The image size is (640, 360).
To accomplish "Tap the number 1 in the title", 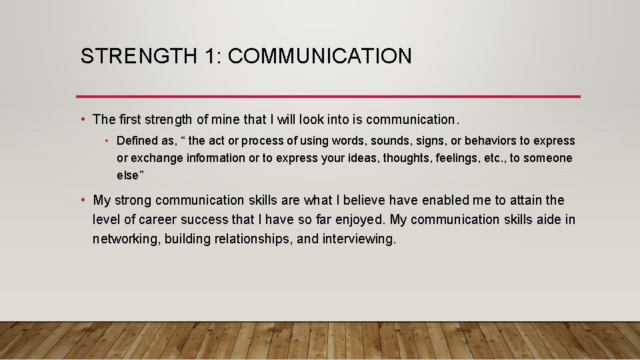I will (211, 56).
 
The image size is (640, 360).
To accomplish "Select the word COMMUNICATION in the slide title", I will (319, 56).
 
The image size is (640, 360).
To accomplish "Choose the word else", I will (127, 175).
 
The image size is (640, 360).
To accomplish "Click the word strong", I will (132, 200).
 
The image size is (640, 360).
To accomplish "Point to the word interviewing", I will (359, 239).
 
